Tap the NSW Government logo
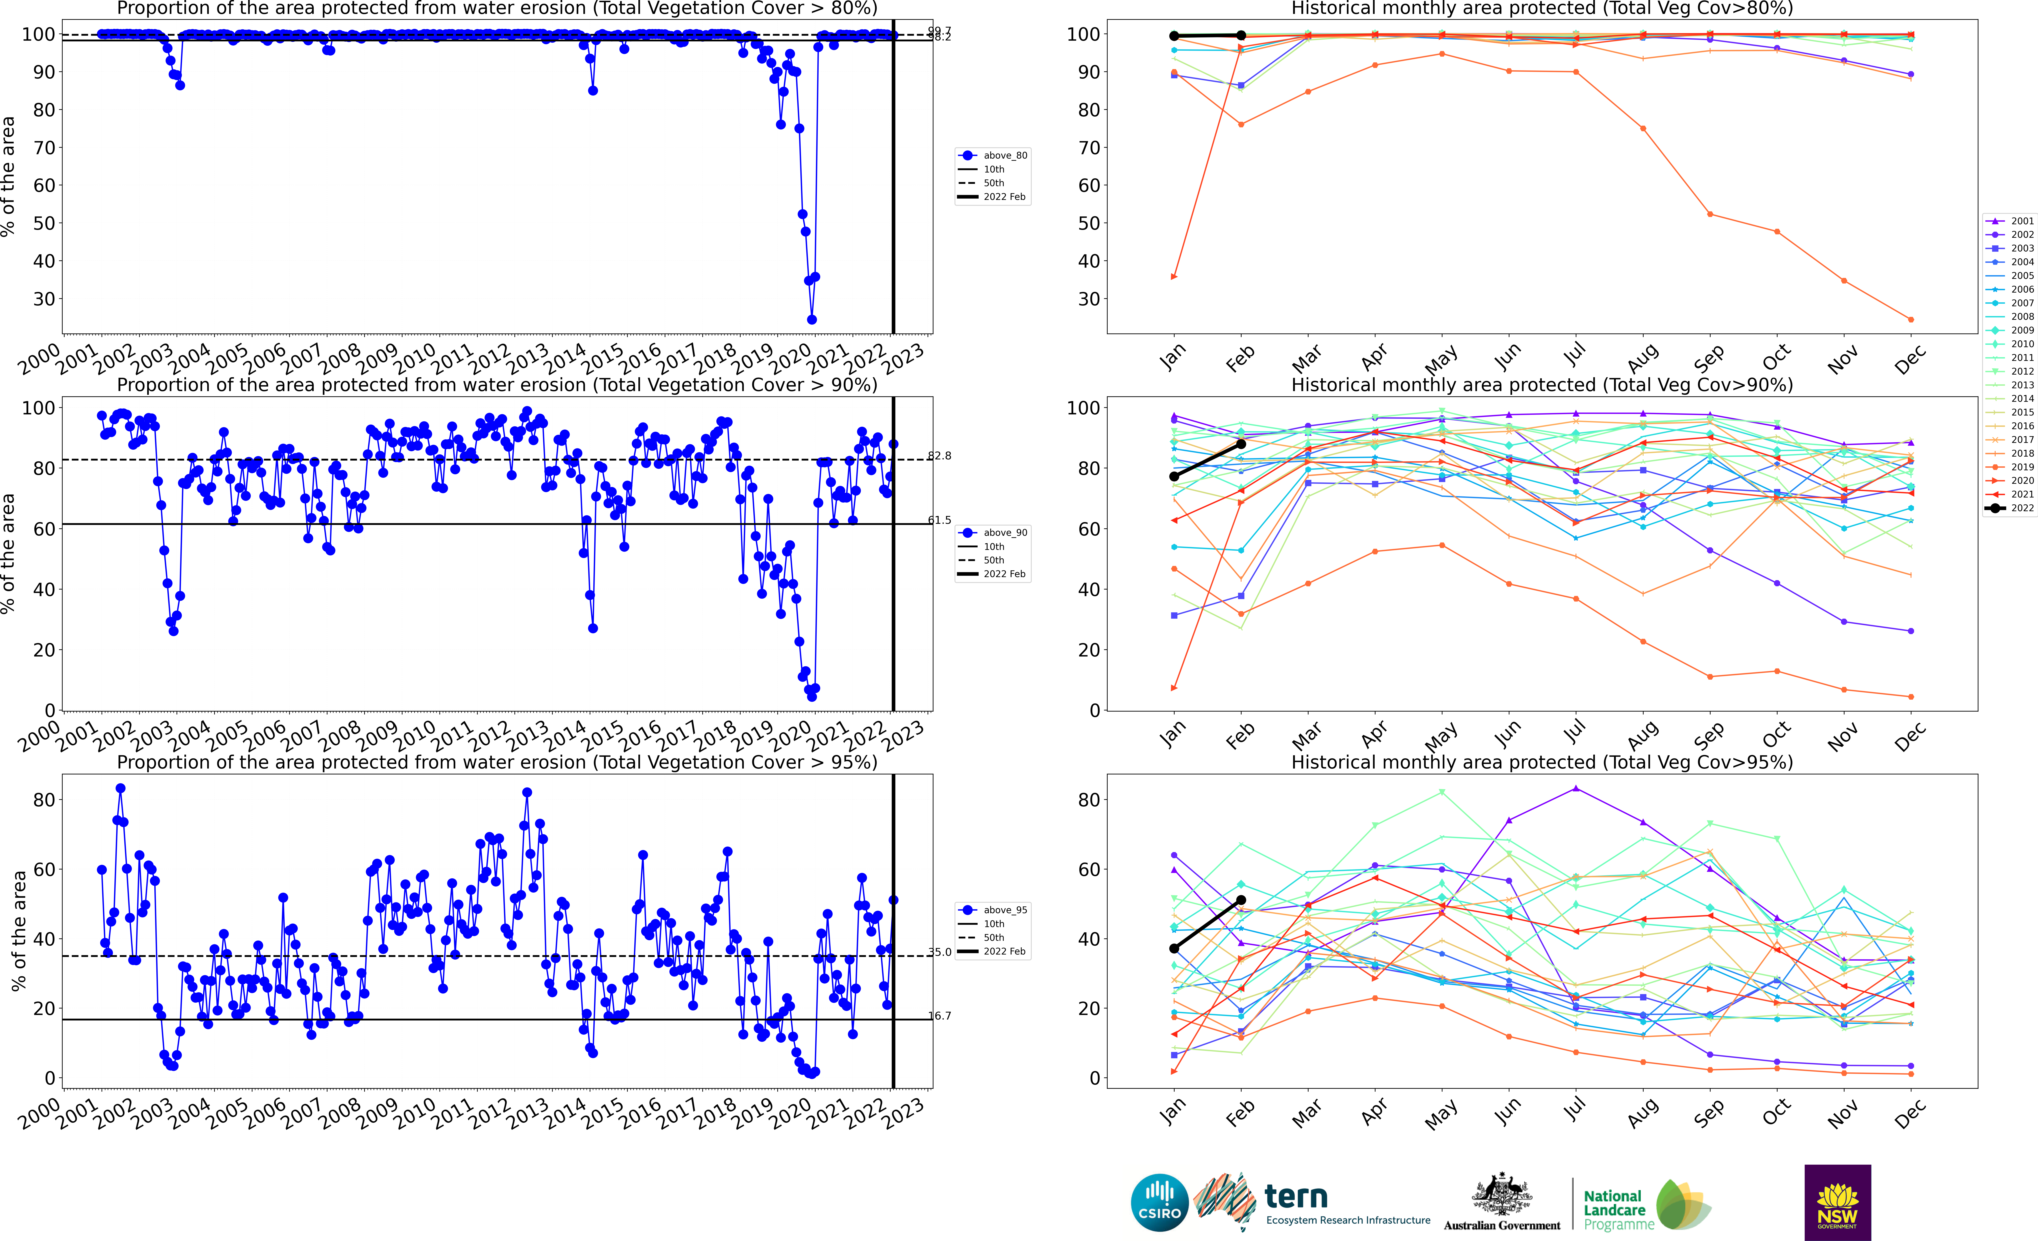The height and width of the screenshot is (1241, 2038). pyautogui.click(x=1837, y=1202)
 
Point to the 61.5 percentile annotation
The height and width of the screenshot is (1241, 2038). pyautogui.click(x=940, y=520)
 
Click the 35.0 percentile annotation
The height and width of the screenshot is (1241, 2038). pyautogui.click(x=940, y=952)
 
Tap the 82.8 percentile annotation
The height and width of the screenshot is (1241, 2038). pyautogui.click(x=940, y=456)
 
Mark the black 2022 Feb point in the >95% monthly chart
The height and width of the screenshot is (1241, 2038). pyautogui.click(x=1241, y=900)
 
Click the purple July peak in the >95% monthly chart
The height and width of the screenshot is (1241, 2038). pyautogui.click(x=1576, y=789)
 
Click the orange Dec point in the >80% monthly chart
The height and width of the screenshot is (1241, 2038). pyautogui.click(x=1911, y=319)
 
